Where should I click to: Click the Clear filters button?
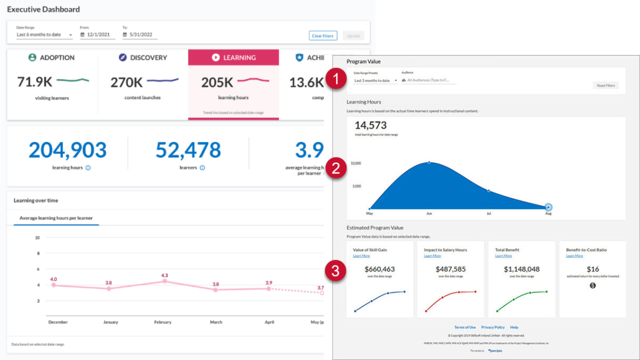point(323,36)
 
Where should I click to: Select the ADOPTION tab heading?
point(51,57)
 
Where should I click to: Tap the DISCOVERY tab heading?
point(143,57)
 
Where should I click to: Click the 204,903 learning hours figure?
point(67,150)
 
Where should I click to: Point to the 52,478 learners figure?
point(188,150)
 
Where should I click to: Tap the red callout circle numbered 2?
point(336,168)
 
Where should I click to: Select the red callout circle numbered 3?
point(336,271)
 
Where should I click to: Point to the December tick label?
point(58,322)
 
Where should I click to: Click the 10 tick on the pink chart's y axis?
point(37,237)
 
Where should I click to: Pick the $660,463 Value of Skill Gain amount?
point(379,269)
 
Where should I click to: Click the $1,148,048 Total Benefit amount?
point(521,269)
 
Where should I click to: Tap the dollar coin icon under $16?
point(592,285)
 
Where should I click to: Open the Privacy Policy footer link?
point(492,327)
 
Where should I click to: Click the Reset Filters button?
point(605,85)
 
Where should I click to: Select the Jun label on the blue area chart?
point(428,213)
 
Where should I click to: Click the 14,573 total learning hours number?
point(370,125)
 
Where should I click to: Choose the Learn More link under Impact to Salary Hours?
point(432,256)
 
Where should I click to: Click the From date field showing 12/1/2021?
point(97,34)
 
